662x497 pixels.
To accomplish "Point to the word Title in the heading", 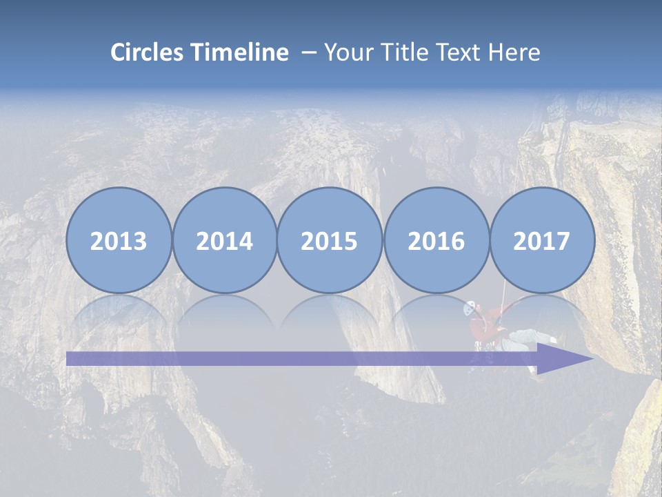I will tap(408, 52).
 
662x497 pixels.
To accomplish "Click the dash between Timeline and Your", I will tap(309, 52).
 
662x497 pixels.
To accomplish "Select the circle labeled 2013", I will tap(119, 240).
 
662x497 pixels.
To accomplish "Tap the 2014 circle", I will tap(224, 240).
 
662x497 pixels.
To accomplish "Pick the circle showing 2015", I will tap(330, 240).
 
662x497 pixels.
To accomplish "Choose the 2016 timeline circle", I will tap(436, 240).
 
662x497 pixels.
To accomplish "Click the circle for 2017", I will tap(542, 240).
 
